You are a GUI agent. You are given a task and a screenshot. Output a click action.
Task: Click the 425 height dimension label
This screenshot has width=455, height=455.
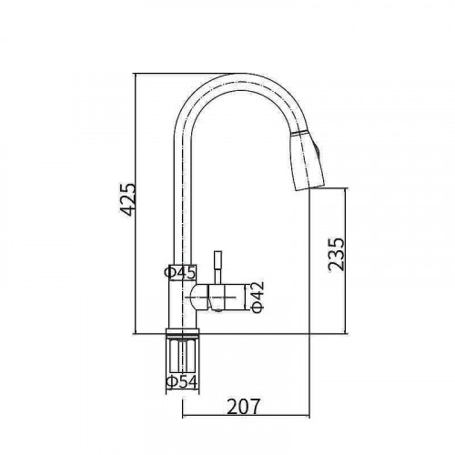(127, 199)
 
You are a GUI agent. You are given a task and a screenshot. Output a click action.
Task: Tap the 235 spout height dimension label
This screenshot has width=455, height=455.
(337, 255)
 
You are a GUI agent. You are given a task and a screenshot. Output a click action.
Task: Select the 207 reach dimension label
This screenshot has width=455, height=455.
(244, 407)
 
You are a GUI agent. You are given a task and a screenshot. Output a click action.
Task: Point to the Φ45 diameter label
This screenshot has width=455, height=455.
(180, 272)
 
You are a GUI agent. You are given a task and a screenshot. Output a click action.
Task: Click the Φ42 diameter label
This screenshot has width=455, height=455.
(258, 297)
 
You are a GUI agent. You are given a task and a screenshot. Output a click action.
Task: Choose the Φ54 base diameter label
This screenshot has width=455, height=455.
(182, 382)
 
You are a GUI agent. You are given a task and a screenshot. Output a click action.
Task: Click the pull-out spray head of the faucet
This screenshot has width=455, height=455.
(307, 159)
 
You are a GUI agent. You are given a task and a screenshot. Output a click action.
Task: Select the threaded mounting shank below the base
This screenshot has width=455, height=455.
(182, 356)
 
